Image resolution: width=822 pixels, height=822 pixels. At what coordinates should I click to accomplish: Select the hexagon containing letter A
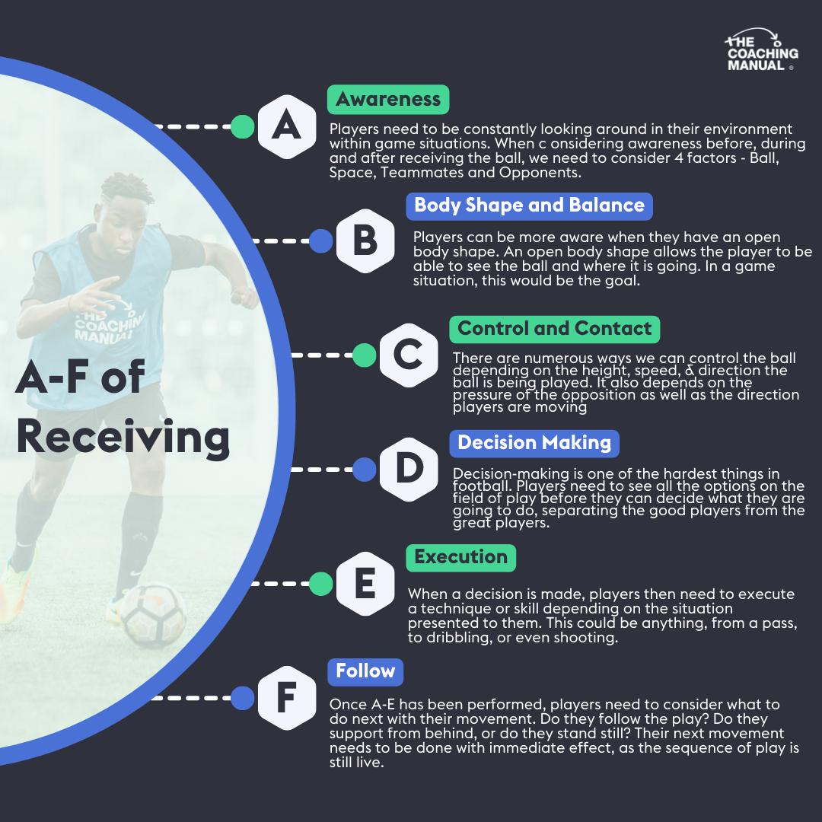coord(286,126)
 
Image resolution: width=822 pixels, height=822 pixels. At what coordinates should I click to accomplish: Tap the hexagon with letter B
coord(365,241)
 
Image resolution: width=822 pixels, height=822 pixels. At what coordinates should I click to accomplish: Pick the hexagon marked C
coord(409,355)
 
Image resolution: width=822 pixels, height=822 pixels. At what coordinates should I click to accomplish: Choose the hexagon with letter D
coord(409,470)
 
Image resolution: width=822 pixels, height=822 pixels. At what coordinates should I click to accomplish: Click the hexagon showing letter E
coord(365,584)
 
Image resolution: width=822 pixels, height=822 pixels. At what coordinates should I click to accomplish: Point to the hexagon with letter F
coord(286,698)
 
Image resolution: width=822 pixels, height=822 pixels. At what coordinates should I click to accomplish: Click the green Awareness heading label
coord(388,100)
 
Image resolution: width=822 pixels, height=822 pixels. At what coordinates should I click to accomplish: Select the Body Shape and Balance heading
coord(529,205)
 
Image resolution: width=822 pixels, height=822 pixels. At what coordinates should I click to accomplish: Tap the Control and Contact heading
coord(555,329)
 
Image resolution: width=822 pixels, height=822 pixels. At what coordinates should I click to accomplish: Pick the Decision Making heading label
coord(534,443)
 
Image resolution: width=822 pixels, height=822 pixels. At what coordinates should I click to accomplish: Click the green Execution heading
coord(460,557)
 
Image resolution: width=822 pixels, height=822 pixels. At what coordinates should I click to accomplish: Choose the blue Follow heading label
coord(365,671)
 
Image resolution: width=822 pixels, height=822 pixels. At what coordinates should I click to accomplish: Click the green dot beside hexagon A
coord(242,126)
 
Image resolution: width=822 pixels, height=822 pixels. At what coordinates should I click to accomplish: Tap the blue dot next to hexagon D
coord(365,470)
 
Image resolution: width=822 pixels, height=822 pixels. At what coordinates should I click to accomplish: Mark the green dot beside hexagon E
coord(321,584)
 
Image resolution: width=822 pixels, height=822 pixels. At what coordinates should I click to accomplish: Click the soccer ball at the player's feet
coord(153,615)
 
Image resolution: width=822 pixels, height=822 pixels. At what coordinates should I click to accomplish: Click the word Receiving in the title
coord(123,437)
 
